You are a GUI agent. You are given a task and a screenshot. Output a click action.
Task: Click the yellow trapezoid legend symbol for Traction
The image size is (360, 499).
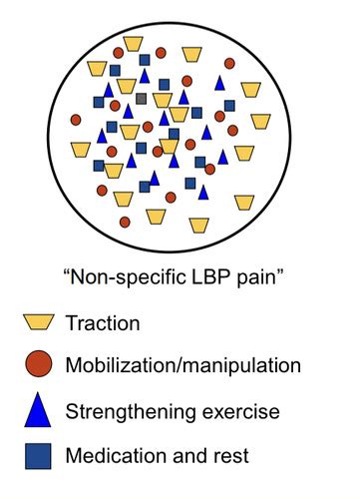(x=38, y=322)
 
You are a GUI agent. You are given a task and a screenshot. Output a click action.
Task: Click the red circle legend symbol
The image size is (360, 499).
(x=38, y=364)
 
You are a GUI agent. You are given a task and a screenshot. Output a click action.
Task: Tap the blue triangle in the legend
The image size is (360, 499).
(x=38, y=408)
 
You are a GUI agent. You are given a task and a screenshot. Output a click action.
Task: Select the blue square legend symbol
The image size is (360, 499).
(x=38, y=455)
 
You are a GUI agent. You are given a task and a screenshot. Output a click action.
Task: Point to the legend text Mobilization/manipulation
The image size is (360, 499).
(x=181, y=366)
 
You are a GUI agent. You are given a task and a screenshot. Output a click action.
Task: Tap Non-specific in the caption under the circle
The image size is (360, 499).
(x=126, y=276)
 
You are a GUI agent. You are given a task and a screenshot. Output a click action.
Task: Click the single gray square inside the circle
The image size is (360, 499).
(x=141, y=98)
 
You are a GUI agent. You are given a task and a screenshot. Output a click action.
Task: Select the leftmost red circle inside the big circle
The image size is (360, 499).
(x=76, y=120)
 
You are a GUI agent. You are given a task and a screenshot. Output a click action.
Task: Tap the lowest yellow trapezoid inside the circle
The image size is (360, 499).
(x=198, y=225)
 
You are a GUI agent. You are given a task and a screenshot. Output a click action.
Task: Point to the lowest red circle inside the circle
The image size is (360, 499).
(x=125, y=221)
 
